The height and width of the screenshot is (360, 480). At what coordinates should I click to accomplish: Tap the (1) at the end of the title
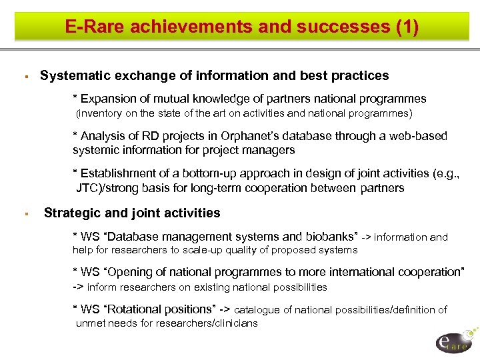coord(407,27)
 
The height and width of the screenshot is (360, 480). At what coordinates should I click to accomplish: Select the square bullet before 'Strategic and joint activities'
coord(24,215)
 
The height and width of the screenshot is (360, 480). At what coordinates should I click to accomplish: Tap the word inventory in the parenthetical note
coord(101,113)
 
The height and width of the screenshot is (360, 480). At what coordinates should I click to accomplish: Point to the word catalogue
coord(257,310)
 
